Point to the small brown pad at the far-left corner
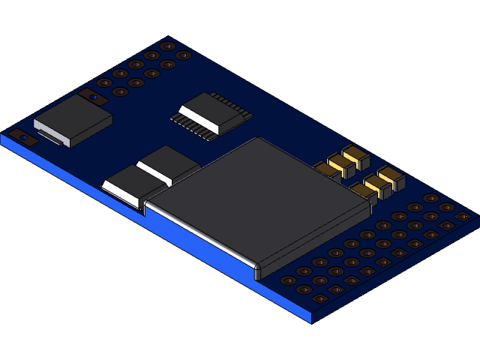pyautogui.click(x=23, y=137)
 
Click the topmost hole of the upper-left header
pyautogui.click(x=167, y=45)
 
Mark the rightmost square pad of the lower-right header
pyautogui.click(x=463, y=217)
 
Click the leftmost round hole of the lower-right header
pyautogui.click(x=288, y=280)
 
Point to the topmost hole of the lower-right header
pyautogui.click(x=430, y=198)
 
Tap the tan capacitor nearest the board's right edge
pyautogui.click(x=390, y=178)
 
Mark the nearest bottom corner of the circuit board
pyautogui.click(x=311, y=321)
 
